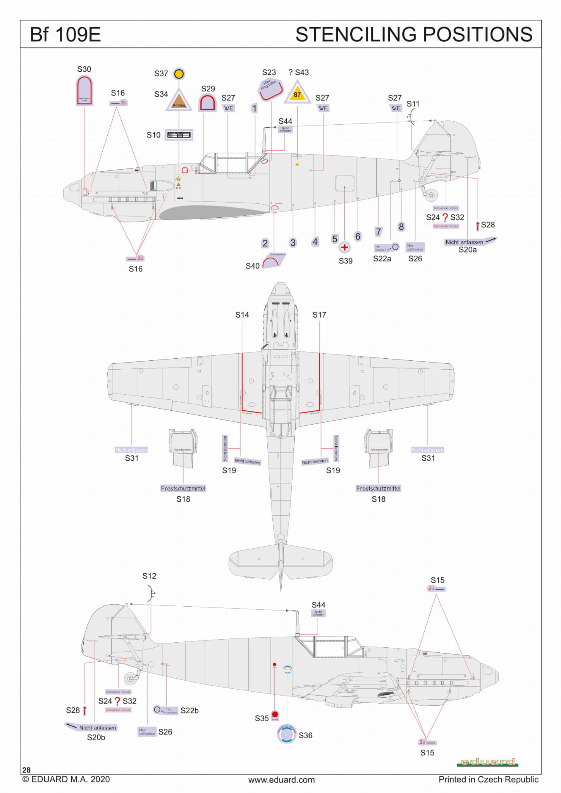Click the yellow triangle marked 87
(x=297, y=93)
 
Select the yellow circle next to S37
(x=179, y=74)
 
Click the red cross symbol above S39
(x=344, y=247)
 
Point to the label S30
(x=84, y=69)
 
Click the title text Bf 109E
(x=65, y=34)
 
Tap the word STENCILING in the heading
(x=356, y=34)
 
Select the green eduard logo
(x=487, y=762)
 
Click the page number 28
(x=26, y=770)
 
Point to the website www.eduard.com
(x=281, y=780)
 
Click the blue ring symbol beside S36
(x=287, y=734)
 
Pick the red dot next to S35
(x=275, y=714)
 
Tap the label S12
(x=149, y=576)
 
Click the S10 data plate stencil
(x=179, y=135)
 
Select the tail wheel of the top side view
(x=431, y=195)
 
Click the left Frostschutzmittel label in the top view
(x=183, y=489)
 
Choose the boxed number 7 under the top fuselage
(x=379, y=232)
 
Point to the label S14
(x=242, y=315)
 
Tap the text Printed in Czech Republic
(x=488, y=779)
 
